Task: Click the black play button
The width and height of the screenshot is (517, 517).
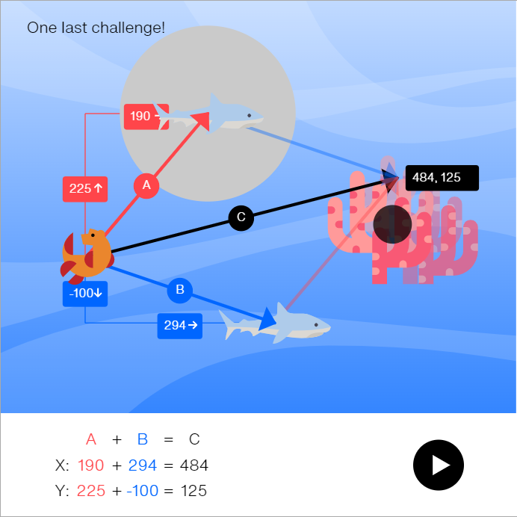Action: (x=439, y=465)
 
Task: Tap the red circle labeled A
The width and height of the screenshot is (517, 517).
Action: (x=146, y=185)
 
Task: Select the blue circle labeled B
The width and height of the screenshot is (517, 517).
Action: (x=179, y=290)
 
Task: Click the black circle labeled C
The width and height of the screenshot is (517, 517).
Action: (x=241, y=217)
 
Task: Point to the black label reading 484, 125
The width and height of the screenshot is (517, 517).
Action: (x=441, y=178)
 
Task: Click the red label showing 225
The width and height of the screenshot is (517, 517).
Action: (x=84, y=188)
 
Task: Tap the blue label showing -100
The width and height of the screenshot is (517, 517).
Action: (x=84, y=293)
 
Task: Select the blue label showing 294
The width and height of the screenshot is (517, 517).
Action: (x=179, y=325)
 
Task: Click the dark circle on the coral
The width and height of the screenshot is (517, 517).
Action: (x=392, y=224)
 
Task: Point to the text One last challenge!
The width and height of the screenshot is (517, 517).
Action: (x=96, y=28)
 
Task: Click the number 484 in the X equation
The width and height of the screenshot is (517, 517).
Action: (x=194, y=465)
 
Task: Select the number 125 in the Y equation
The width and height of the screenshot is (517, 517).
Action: (x=194, y=491)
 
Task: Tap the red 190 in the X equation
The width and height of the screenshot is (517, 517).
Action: (x=90, y=465)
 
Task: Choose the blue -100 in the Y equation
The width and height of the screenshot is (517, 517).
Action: (x=142, y=491)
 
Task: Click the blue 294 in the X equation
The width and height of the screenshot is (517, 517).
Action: (x=142, y=465)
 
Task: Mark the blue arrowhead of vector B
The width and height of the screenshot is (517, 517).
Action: (x=267, y=320)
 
